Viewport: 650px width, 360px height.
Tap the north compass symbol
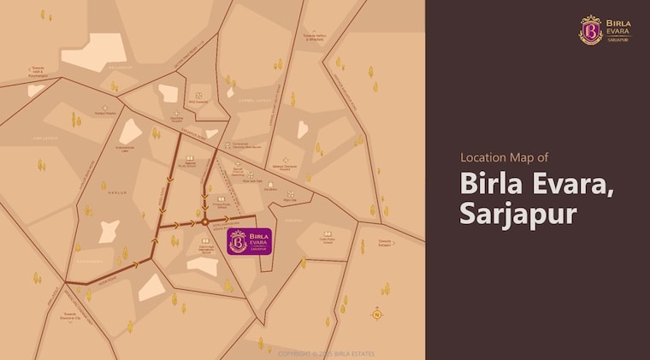point(376,314)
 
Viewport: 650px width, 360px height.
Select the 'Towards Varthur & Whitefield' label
point(318,38)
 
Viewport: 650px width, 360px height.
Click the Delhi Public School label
point(328,240)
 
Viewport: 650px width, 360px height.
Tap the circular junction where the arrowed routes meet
point(205,222)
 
